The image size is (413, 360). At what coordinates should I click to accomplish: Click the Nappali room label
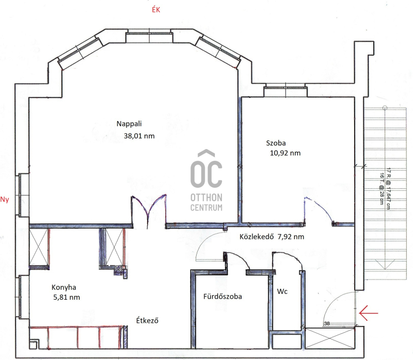tap(129, 124)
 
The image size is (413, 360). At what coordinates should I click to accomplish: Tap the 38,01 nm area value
tap(139, 136)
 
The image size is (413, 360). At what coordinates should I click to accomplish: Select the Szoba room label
tap(276, 143)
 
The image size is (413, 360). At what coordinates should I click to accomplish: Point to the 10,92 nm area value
tap(285, 153)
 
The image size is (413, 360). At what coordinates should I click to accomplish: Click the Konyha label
tap(63, 287)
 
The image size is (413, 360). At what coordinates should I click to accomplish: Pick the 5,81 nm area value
tap(67, 298)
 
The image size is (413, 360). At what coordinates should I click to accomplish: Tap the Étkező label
tap(147, 320)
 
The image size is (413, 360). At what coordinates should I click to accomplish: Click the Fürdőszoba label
tap(223, 297)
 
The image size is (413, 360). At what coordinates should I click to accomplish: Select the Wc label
tap(282, 291)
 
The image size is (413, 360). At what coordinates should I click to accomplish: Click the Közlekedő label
tap(257, 237)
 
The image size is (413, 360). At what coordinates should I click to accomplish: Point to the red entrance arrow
tap(368, 313)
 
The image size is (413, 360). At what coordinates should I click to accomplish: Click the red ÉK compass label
tap(156, 10)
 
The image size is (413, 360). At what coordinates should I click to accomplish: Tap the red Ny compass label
tap(5, 200)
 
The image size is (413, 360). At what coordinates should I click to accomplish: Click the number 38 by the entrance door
tap(327, 323)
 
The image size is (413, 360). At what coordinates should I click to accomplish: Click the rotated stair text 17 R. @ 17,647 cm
tap(389, 188)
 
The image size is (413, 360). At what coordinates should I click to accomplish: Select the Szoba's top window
tap(285, 90)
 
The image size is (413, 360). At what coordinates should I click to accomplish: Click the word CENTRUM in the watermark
tap(206, 208)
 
